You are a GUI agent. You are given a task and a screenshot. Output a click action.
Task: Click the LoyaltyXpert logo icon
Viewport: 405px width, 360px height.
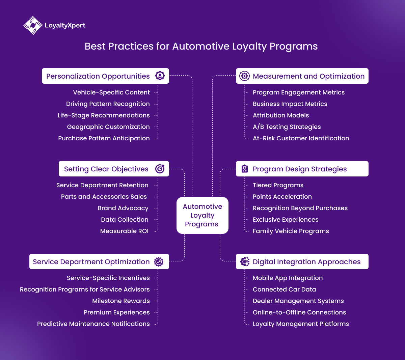[33, 25]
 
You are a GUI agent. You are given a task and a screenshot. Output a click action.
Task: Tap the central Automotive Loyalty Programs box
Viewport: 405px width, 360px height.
[202, 215]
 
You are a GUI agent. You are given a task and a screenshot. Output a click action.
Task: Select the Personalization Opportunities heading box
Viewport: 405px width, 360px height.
[105, 76]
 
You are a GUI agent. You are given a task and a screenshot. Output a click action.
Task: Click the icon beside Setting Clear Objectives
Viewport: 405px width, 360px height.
[160, 169]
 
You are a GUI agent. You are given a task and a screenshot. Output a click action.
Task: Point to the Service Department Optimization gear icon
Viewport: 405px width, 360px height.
[159, 262]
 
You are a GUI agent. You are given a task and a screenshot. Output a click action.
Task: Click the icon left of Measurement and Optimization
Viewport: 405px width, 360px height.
[244, 76]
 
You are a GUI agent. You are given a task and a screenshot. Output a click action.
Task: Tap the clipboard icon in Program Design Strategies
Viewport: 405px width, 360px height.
[245, 169]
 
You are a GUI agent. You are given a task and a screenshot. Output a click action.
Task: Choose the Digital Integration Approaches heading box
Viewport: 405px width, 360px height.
[302, 262]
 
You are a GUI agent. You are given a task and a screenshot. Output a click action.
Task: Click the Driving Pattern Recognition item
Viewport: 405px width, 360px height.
[108, 104]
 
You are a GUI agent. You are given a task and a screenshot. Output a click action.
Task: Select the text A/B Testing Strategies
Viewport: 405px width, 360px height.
[287, 127]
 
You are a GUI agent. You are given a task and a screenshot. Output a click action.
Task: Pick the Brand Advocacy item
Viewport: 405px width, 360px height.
[123, 208]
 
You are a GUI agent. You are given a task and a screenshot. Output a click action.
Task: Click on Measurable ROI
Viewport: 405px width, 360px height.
[124, 231]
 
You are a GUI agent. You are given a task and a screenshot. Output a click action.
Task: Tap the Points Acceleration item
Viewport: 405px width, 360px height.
[282, 197]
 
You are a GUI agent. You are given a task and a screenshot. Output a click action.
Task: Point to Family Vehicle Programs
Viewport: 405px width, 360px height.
[291, 231]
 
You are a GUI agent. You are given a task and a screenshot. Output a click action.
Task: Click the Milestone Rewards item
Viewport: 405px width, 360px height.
[121, 301]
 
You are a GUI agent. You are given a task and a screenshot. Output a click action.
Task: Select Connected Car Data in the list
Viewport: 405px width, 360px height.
[284, 289]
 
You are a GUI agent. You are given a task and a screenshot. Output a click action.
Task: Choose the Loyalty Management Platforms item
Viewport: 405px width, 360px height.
[301, 324]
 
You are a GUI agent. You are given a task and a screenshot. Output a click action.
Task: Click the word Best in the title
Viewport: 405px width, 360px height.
[95, 46]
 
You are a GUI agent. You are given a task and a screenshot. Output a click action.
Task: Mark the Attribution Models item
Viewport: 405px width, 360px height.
[281, 115]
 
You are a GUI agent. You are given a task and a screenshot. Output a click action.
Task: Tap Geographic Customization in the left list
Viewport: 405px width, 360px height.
[108, 127]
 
